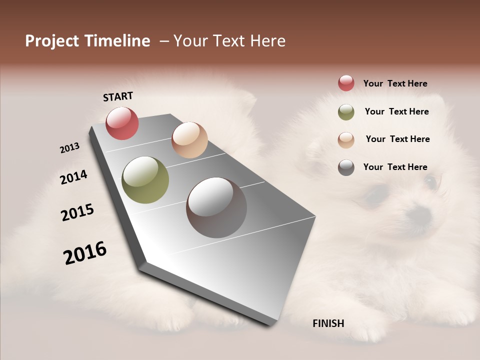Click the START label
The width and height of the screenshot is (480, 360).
point(118,96)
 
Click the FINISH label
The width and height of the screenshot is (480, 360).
point(328,323)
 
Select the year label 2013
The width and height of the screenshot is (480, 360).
point(70,148)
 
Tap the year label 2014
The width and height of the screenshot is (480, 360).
point(73,177)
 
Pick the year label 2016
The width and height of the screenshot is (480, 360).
point(85,253)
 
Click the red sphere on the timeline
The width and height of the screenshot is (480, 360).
point(122,123)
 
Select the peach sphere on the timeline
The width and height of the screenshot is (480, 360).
point(189,140)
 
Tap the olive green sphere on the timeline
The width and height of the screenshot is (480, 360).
point(145,180)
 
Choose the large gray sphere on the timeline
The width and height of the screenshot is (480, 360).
point(216,207)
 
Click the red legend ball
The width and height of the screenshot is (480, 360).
point(346,83)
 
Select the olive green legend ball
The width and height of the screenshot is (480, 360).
point(346,112)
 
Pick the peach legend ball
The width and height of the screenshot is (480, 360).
point(346,139)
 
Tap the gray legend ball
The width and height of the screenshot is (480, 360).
point(346,167)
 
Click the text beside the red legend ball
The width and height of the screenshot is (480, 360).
point(395,83)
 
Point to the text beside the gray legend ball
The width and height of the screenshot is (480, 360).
point(395,167)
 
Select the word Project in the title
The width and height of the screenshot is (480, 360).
point(51,41)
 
